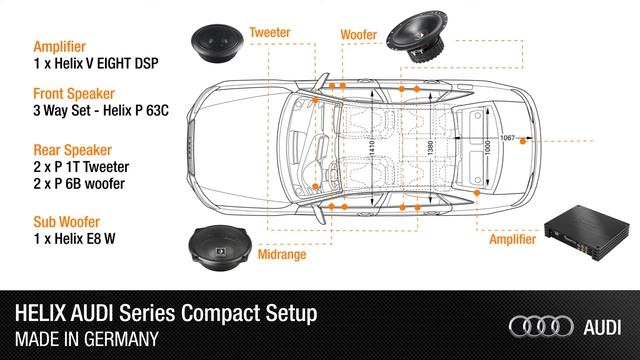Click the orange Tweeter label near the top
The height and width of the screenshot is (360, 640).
(270, 32)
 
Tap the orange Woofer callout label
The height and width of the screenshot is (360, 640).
(358, 35)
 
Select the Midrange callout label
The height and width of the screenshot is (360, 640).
(282, 254)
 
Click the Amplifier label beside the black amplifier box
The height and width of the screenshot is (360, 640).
(512, 239)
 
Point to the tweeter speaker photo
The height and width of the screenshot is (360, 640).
(217, 43)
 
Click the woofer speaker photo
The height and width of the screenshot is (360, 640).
(416, 37)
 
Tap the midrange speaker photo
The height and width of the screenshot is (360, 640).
(220, 248)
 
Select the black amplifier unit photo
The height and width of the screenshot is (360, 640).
(587, 232)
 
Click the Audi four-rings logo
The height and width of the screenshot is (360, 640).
(541, 327)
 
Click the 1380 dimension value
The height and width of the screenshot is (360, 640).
(430, 148)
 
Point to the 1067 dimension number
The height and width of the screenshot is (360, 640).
(507, 138)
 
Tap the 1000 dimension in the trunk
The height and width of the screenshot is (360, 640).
(487, 148)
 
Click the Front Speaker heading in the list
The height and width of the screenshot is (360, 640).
(74, 93)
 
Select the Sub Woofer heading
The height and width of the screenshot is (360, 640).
(67, 222)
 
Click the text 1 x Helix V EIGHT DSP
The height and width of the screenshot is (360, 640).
(96, 63)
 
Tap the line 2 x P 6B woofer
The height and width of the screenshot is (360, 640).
(79, 184)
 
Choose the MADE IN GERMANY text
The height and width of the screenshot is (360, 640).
(87, 339)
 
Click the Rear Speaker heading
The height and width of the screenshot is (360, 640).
(73, 150)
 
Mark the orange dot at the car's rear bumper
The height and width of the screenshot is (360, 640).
(522, 141)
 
